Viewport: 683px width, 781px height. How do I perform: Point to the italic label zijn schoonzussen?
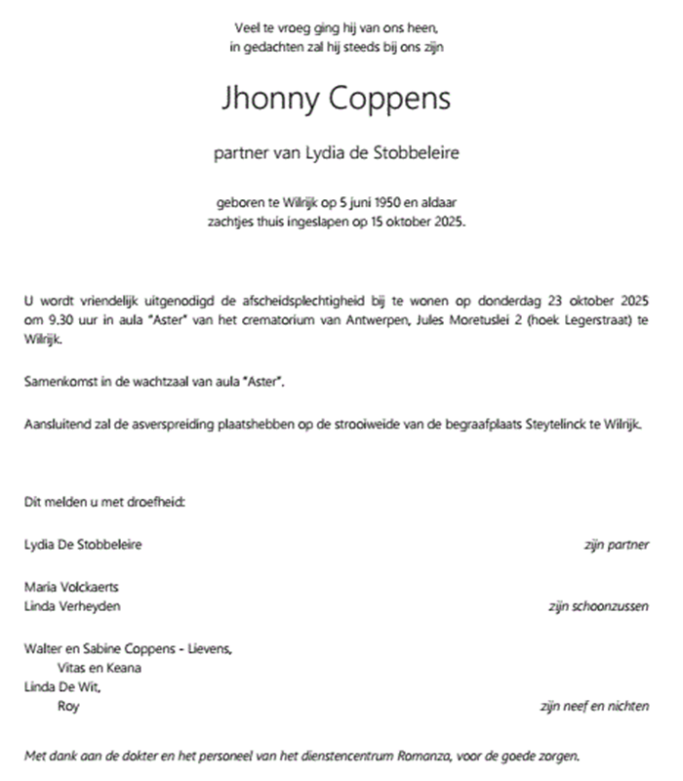click(x=599, y=605)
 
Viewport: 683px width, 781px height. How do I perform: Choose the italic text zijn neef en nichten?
click(x=594, y=706)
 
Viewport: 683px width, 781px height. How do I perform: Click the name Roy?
click(x=68, y=706)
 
